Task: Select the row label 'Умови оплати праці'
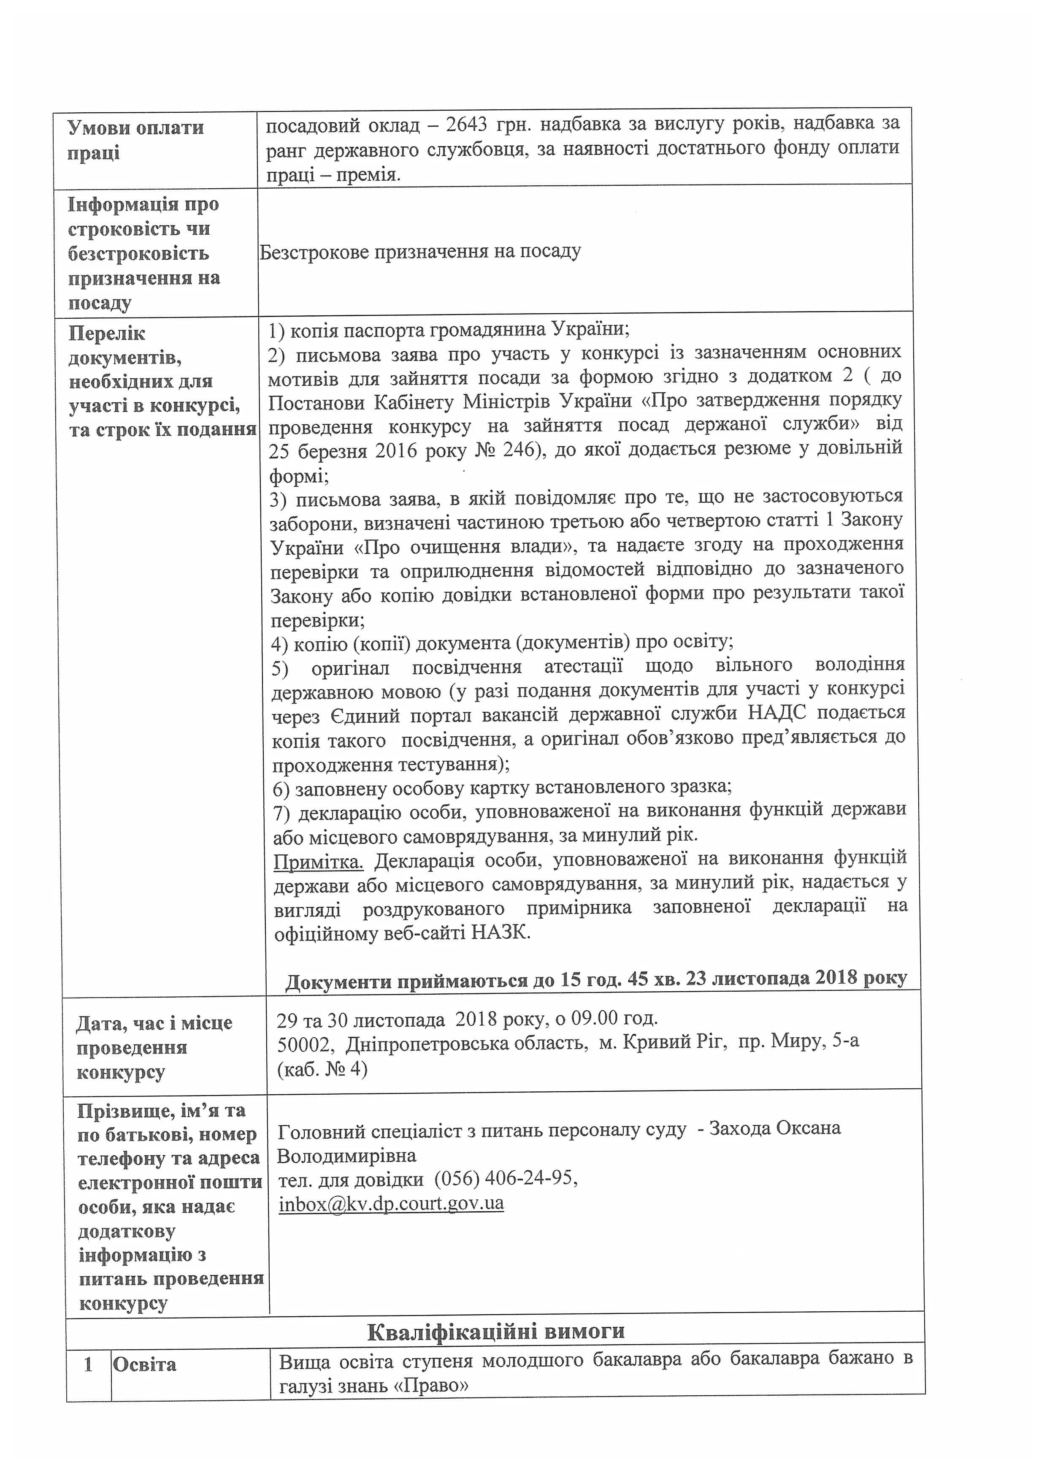(x=135, y=140)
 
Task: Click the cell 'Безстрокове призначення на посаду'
(x=420, y=251)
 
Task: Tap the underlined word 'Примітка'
(x=319, y=862)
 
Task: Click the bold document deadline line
(x=596, y=979)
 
